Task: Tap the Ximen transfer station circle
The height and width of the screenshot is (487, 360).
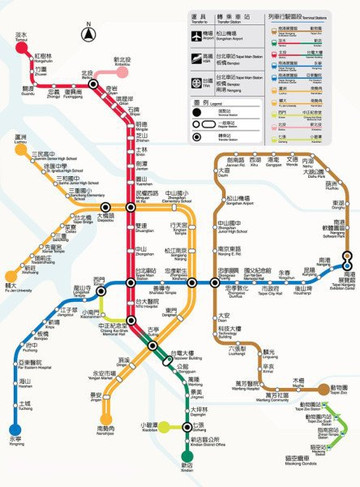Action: tap(100, 292)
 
